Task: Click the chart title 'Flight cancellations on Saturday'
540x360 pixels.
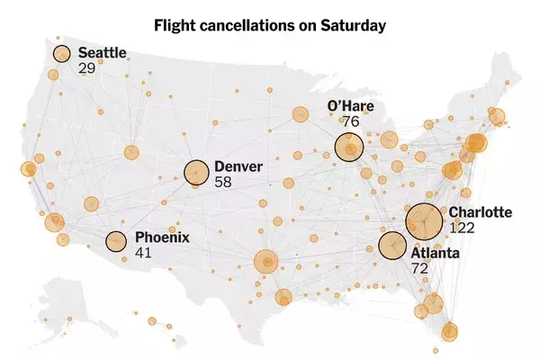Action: pos(270,24)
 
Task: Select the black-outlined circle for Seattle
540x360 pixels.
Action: pos(61,54)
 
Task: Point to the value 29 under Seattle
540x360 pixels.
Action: pos(87,68)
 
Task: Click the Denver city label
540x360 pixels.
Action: pos(238,166)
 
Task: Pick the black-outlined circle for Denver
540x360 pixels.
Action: pos(197,172)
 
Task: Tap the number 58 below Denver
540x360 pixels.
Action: pos(224,181)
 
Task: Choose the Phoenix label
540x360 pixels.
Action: pos(163,238)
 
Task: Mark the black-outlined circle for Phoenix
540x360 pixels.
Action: pos(116,241)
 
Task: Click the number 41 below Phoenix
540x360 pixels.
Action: pos(143,253)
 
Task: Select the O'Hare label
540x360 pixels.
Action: pos(350,107)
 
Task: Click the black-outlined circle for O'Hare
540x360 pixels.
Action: pos(348,148)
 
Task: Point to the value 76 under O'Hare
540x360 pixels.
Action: pos(350,121)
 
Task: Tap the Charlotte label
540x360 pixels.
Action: pos(481,212)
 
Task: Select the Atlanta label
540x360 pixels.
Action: pos(436,254)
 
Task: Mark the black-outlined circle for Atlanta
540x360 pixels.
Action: pos(392,245)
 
